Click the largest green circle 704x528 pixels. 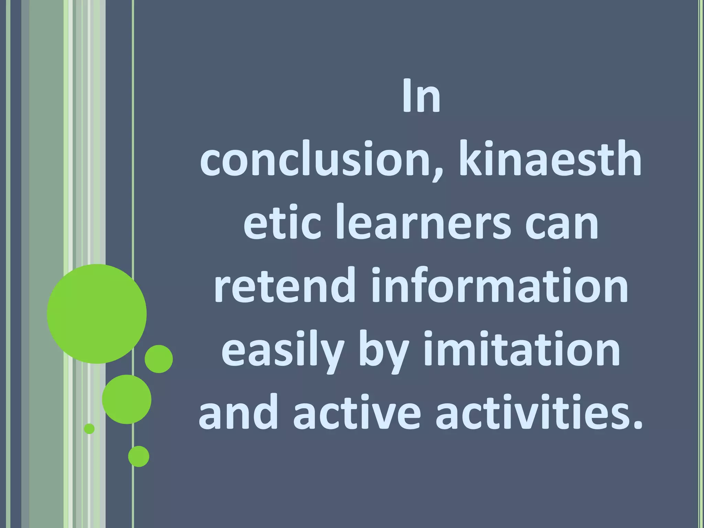tap(97, 314)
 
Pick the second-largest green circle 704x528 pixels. tap(126, 399)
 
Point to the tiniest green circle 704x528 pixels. tap(89, 429)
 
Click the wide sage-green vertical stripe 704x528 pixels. tap(45, 172)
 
